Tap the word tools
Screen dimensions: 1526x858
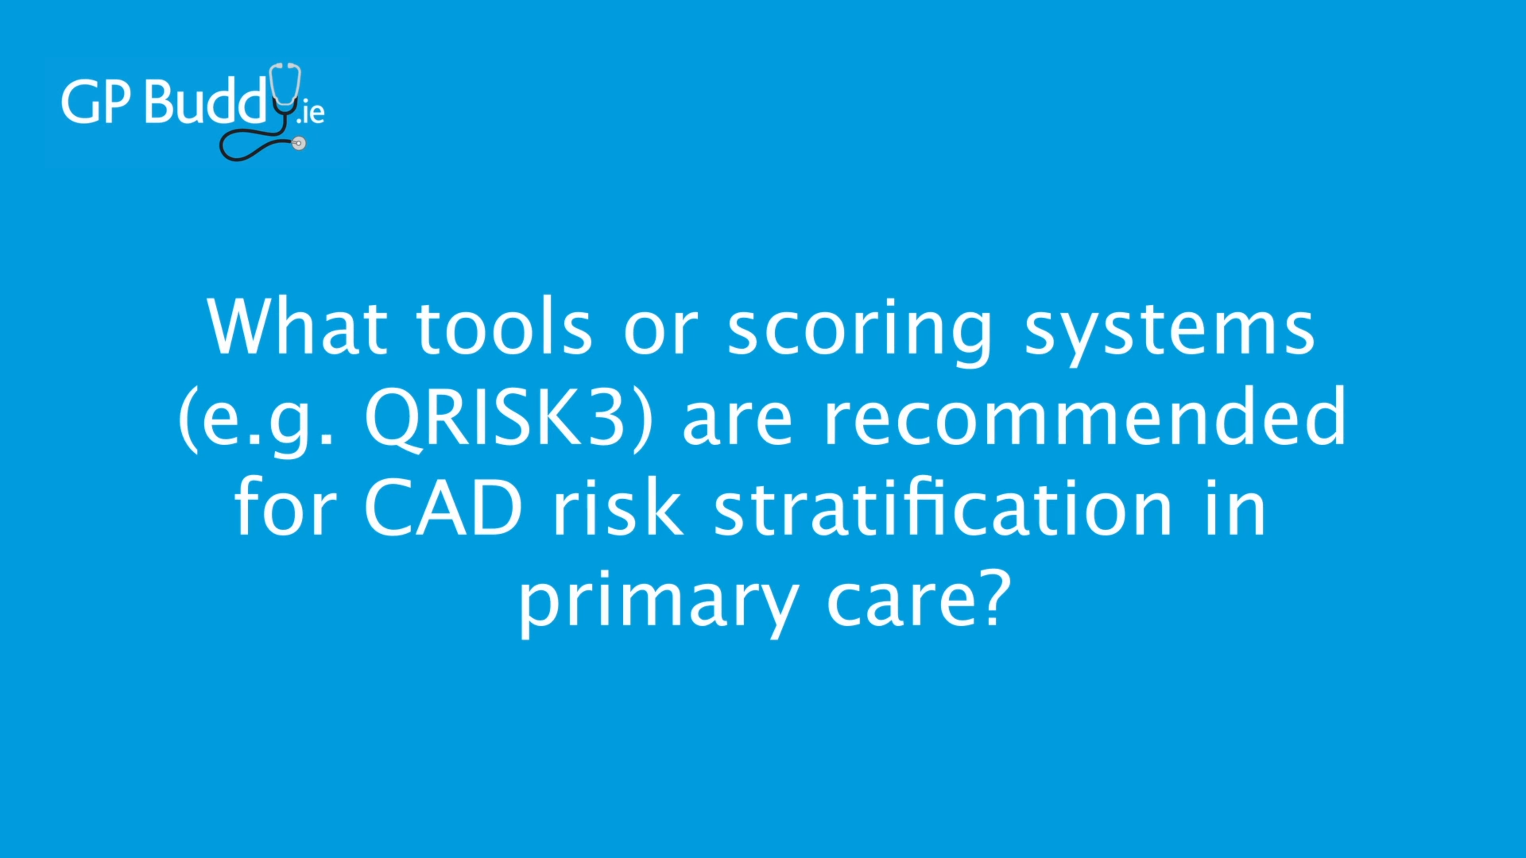(x=504, y=327)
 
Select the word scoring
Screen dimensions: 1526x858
(x=859, y=334)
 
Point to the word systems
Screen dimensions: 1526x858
(x=1170, y=334)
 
